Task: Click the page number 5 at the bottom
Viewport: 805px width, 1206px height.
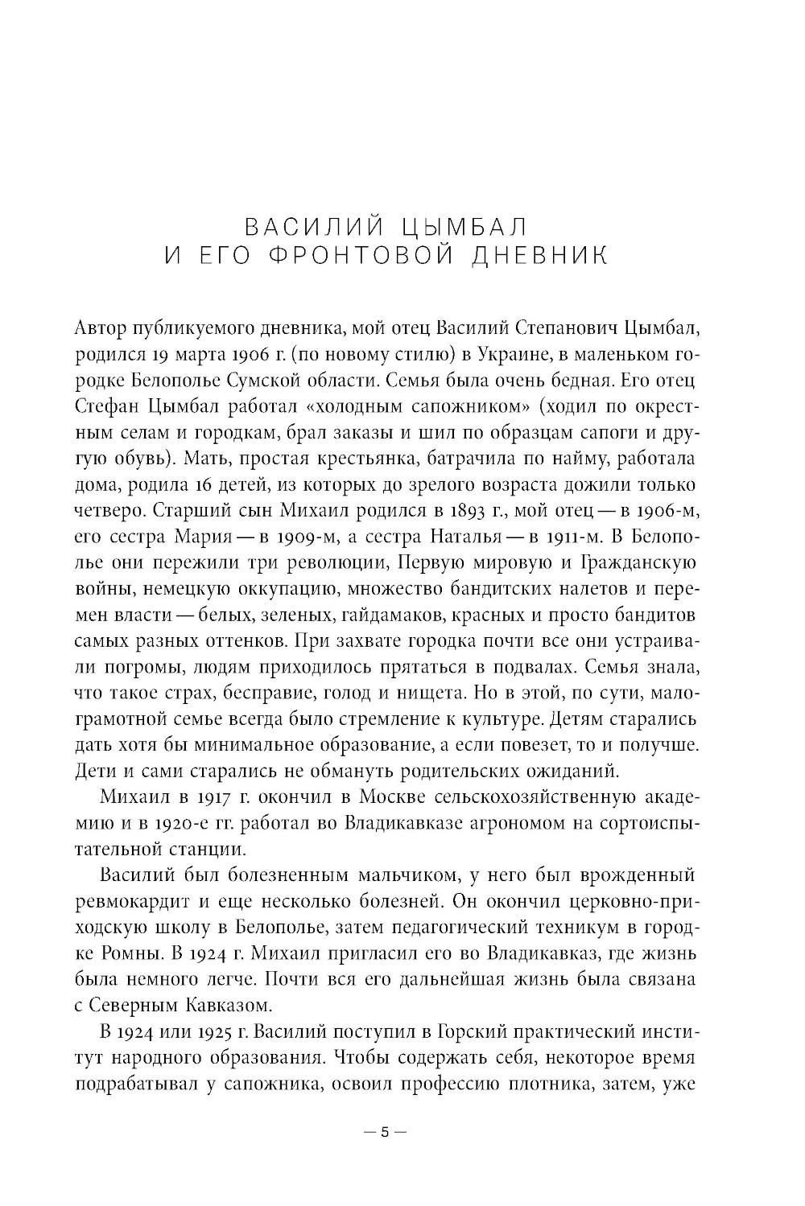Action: [x=385, y=1132]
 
